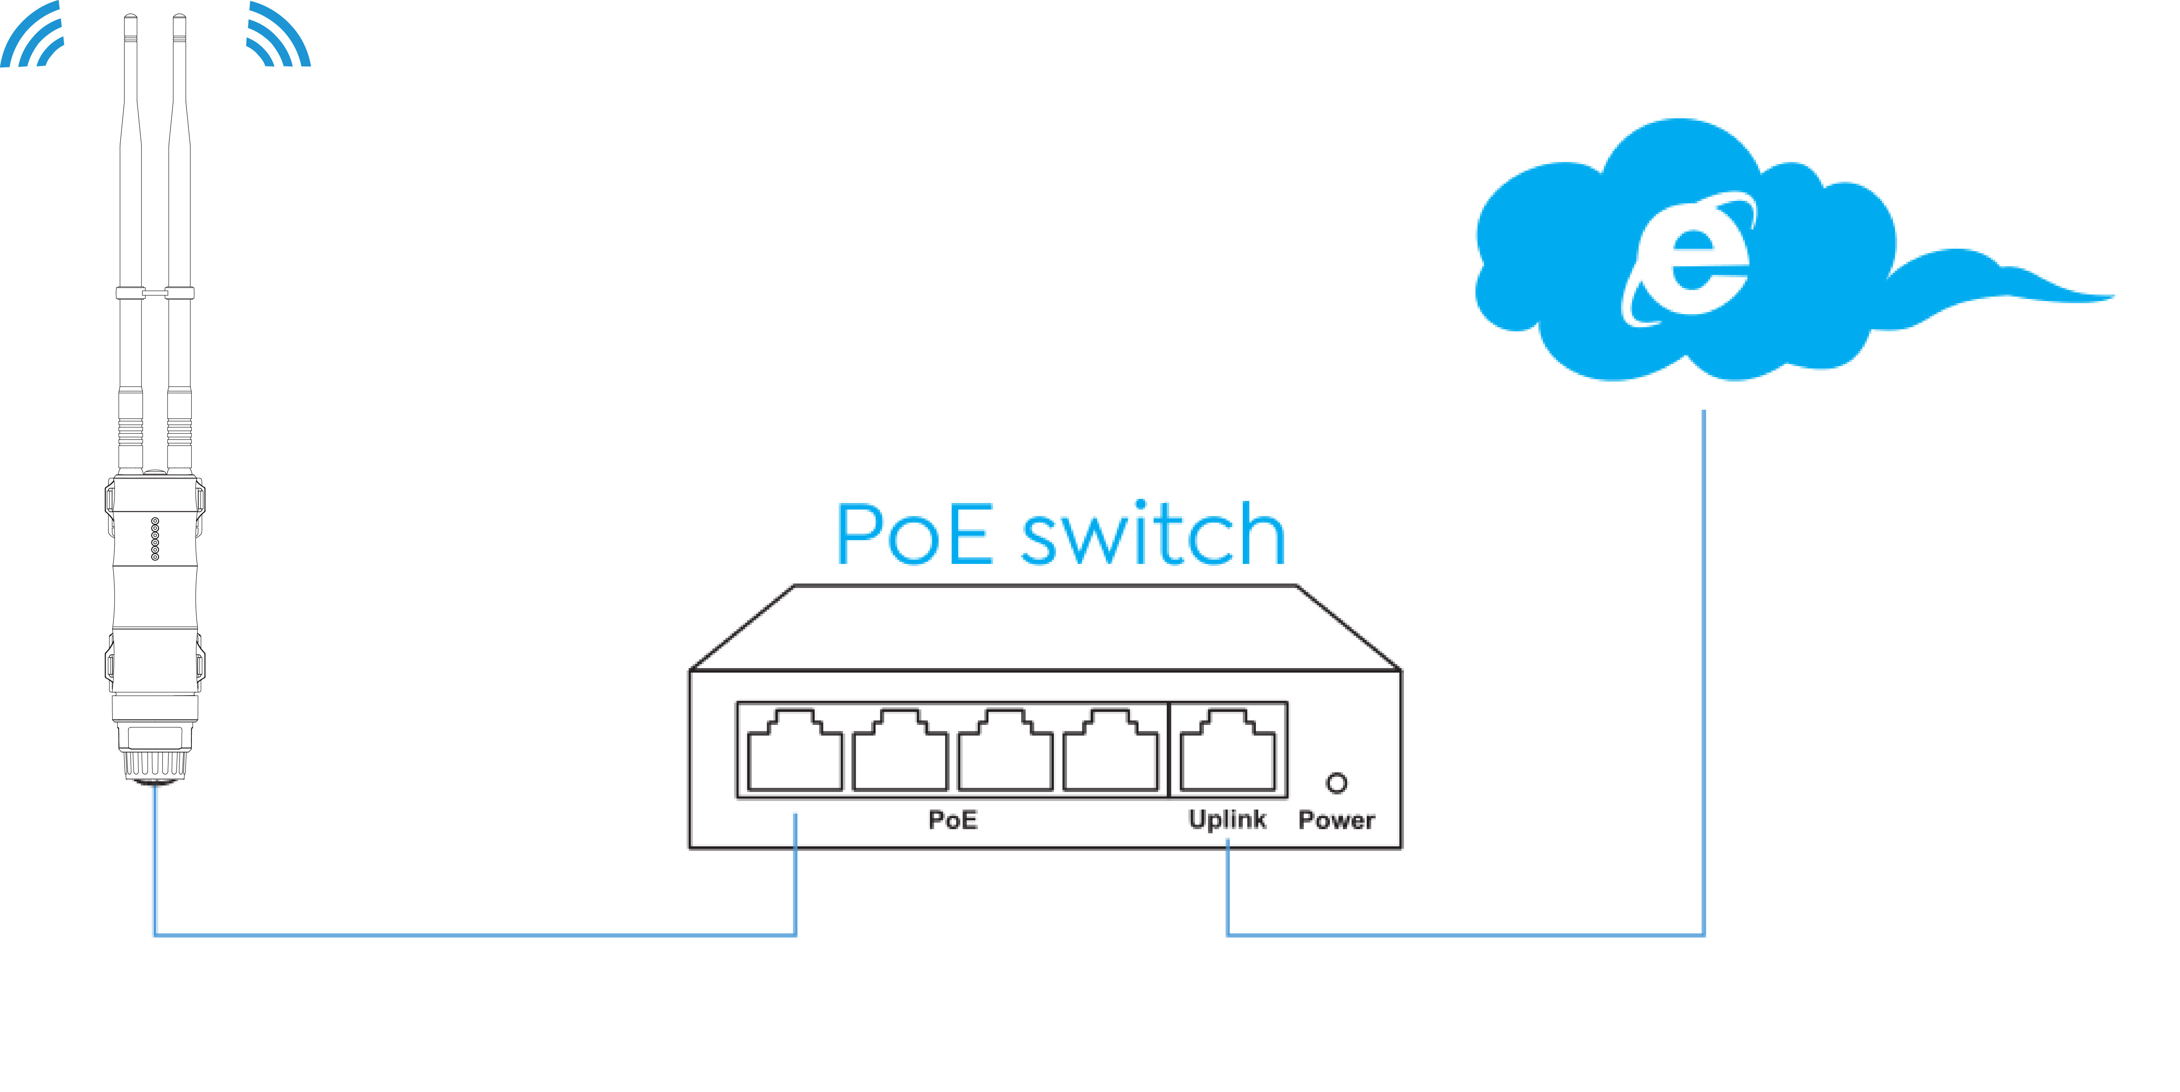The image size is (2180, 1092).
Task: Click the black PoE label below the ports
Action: point(953,820)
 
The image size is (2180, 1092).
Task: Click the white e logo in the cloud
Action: point(1688,259)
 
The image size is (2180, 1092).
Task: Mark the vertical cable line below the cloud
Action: point(1704,673)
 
